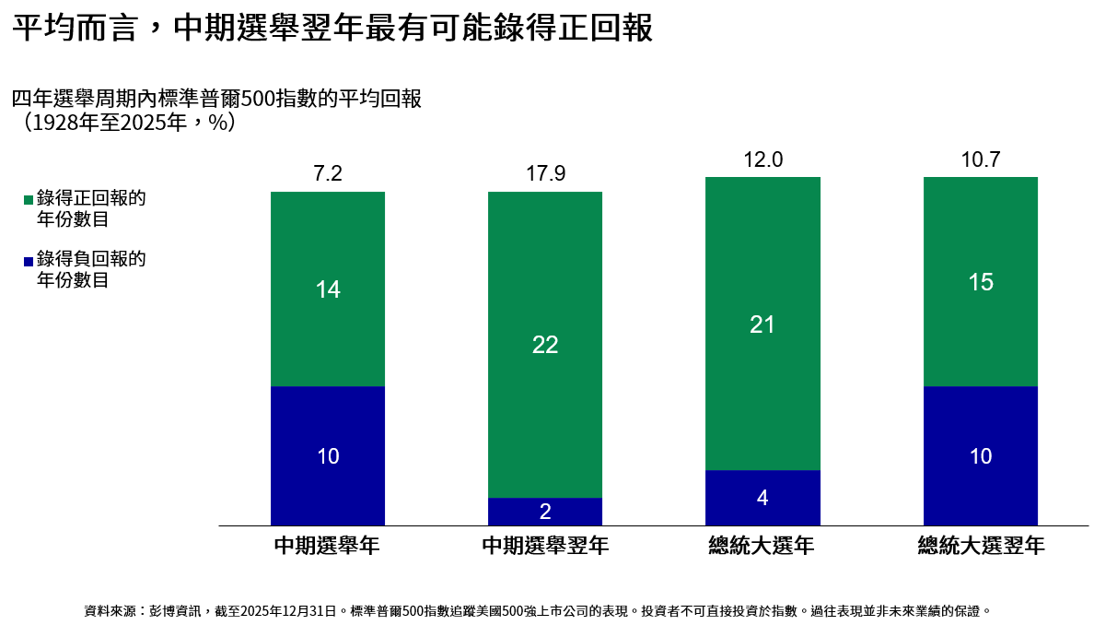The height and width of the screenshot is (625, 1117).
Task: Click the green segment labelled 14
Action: (328, 289)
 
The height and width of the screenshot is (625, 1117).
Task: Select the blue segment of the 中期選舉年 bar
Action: (328, 455)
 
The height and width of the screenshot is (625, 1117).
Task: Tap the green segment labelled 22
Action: (545, 345)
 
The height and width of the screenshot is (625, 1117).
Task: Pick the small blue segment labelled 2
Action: (545, 512)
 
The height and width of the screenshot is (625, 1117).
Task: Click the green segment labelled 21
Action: (762, 324)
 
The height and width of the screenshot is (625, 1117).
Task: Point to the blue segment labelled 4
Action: (762, 498)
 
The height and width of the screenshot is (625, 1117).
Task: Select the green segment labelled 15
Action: (981, 281)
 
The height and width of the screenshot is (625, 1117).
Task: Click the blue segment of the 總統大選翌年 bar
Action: (981, 455)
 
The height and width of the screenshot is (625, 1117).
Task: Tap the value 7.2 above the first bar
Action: (328, 173)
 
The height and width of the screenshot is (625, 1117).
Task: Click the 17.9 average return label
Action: (545, 173)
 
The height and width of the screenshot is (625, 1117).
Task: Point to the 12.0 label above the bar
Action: (763, 159)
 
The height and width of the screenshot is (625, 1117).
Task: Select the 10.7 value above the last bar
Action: (981, 159)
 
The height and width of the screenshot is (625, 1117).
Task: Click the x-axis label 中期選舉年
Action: (327, 545)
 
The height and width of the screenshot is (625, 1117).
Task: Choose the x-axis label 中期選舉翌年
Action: (545, 545)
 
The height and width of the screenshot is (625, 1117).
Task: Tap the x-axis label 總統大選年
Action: (762, 545)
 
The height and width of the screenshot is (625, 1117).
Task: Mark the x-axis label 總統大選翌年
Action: (981, 545)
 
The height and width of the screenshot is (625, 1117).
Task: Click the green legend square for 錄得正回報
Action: (29, 200)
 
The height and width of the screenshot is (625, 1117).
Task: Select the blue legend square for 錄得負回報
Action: (29, 261)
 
